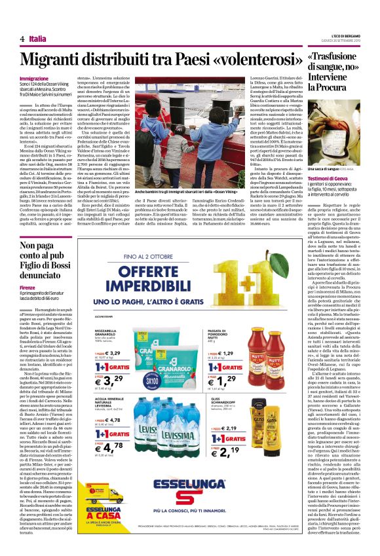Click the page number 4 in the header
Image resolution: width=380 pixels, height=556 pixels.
coord(22,39)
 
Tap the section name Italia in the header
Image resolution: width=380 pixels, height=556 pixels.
coord(38,39)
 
